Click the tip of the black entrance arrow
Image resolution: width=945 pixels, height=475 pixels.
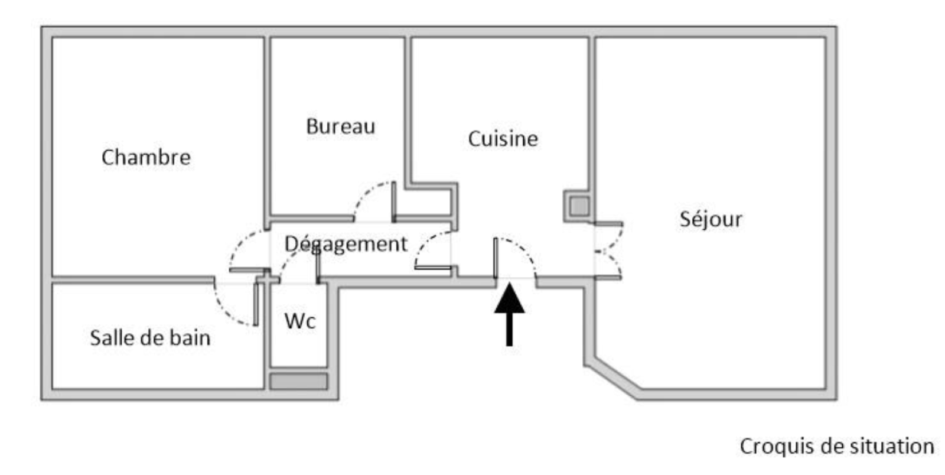[x=510, y=284]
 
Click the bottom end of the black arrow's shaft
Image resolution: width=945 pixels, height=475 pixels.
[x=510, y=346]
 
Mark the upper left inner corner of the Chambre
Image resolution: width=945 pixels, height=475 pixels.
[x=53, y=38]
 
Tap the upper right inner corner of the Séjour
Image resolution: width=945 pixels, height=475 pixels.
[x=825, y=38]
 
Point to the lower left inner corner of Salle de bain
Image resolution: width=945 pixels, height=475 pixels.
[x=53, y=388]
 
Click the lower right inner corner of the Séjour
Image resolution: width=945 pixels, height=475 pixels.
[x=825, y=388]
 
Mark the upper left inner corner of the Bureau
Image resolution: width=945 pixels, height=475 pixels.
[x=271, y=38]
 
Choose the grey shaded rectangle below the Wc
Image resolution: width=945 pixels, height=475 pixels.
[x=299, y=381]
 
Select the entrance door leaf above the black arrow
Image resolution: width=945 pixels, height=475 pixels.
[x=496, y=258]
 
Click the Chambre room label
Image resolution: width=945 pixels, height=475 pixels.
[x=146, y=157]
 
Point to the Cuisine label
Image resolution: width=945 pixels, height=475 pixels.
[x=503, y=139]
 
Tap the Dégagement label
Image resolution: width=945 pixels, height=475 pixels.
[x=346, y=244]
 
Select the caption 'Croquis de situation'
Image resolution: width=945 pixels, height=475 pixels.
[x=837, y=446]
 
